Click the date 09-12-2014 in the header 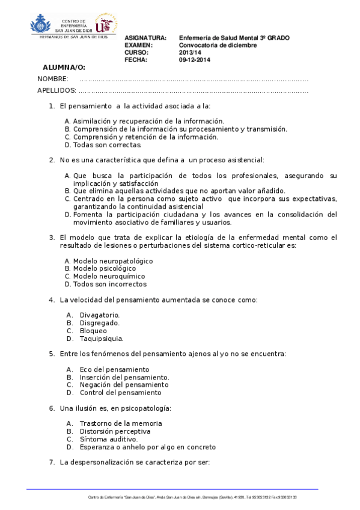[194, 60]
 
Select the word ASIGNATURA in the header [145, 38]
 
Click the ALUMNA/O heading [64, 67]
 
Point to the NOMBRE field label [52, 79]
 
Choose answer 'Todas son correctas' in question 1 [107, 145]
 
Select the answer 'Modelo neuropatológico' [112, 261]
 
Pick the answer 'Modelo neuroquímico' [109, 277]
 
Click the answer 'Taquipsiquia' [102, 339]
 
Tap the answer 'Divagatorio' [100, 315]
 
